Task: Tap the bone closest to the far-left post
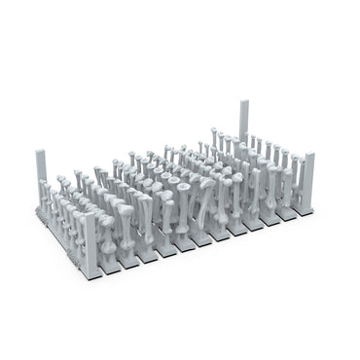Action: (54, 185)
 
